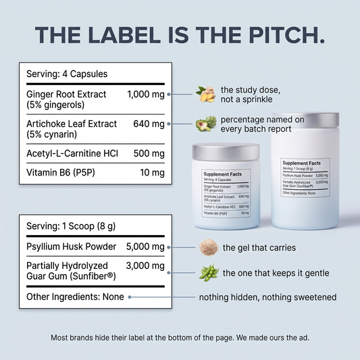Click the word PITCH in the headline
click(287, 35)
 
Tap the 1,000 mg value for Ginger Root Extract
click(146, 94)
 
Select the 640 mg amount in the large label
click(149, 124)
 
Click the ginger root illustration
click(206, 94)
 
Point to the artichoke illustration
click(206, 124)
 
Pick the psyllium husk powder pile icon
click(209, 247)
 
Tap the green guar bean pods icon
click(209, 273)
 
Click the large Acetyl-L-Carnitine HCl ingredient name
click(72, 153)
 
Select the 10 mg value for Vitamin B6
click(152, 172)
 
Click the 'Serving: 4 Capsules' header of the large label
click(67, 74)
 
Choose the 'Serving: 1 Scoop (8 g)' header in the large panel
click(71, 226)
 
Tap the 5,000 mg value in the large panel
click(145, 247)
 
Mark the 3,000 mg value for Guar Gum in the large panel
click(145, 265)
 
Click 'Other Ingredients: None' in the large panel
click(75, 297)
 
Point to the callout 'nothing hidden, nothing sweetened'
click(267, 297)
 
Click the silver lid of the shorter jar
click(226, 151)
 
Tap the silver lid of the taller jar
click(305, 120)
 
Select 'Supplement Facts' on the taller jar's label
click(301, 163)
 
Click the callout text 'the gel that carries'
click(259, 247)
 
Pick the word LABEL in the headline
click(124, 35)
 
